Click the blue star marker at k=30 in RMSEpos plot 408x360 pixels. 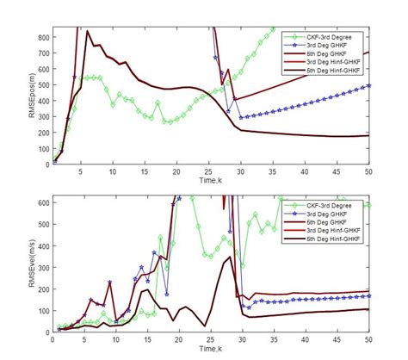242,117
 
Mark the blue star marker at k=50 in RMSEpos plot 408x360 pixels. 368,85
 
